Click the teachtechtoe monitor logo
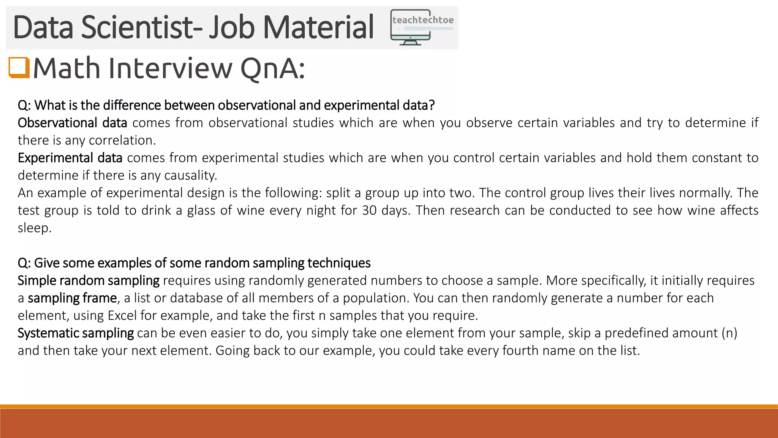(422, 28)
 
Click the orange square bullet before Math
(19, 68)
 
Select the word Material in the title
(318, 27)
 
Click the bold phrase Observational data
(72, 123)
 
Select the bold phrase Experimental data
(70, 158)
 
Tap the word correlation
(122, 140)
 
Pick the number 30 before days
(369, 210)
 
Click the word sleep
(34, 228)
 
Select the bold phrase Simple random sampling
(89, 281)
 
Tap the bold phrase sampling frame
(72, 298)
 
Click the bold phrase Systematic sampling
(76, 333)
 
